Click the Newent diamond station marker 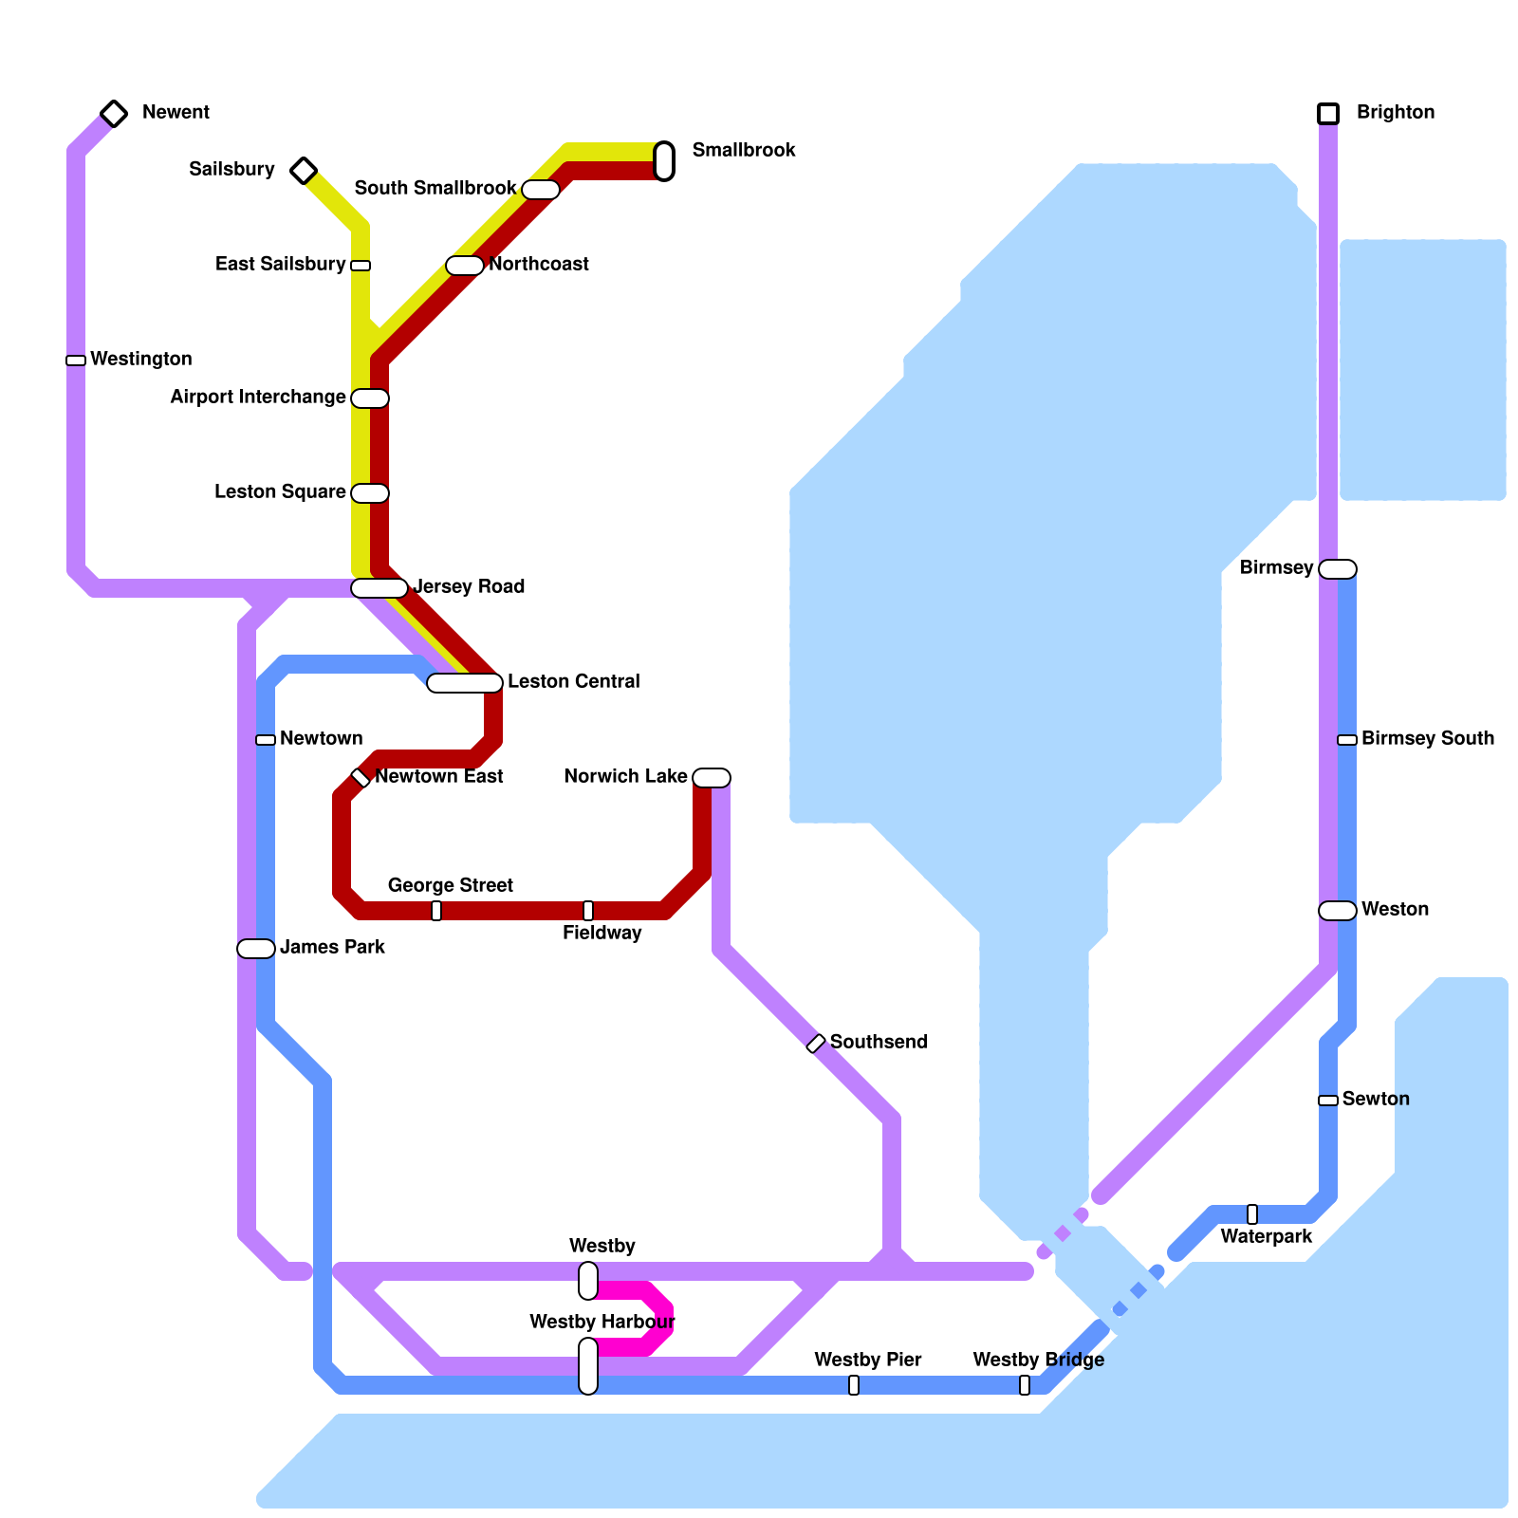click(114, 114)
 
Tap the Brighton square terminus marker click(1328, 114)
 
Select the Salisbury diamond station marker click(304, 171)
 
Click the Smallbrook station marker click(664, 161)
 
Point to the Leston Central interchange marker click(465, 683)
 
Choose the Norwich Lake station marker click(712, 778)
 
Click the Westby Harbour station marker click(588, 1366)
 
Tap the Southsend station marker click(816, 1044)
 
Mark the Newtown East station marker click(361, 778)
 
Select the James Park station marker click(256, 949)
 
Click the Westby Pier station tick click(854, 1385)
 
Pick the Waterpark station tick click(1252, 1214)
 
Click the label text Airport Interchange click(258, 398)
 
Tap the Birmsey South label click(1427, 739)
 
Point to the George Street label click(450, 886)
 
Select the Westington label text click(140, 360)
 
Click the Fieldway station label click(602, 934)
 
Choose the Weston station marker click(1338, 911)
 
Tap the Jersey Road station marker click(379, 588)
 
